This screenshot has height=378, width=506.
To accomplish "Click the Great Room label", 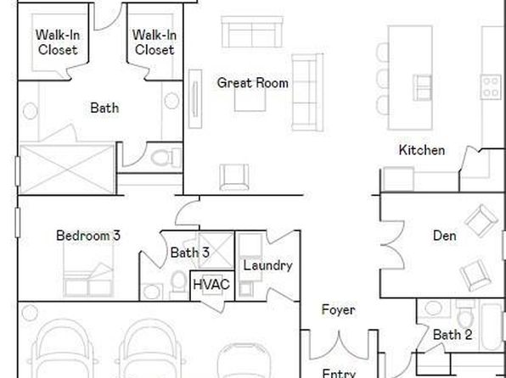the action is click(x=253, y=83).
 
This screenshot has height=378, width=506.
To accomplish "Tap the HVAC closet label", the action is click(x=211, y=285).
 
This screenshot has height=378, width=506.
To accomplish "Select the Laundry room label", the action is click(x=267, y=266).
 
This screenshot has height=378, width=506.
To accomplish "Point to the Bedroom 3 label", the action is click(x=88, y=236).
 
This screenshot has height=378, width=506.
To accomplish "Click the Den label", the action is click(x=445, y=236).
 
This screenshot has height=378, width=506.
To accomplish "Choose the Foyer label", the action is click(x=339, y=309).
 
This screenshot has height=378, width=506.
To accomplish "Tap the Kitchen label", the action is click(x=422, y=150).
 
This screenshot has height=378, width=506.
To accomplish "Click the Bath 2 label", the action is click(x=453, y=335).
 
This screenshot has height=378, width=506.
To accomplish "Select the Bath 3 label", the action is click(x=190, y=253).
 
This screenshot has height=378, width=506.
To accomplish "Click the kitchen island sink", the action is click(x=423, y=87).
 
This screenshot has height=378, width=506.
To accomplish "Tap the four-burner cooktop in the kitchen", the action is click(x=491, y=86).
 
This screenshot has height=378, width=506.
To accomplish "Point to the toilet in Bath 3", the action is click(x=179, y=284).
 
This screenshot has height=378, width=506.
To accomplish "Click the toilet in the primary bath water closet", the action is click(x=166, y=158).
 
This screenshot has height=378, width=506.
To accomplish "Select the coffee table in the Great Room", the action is click(x=250, y=99).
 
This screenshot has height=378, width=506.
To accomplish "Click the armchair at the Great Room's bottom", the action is click(x=234, y=177).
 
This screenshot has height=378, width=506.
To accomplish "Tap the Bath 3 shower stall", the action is click(x=216, y=250).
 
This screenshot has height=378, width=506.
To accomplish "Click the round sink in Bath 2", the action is click(x=433, y=308).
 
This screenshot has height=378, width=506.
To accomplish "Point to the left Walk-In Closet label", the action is click(x=58, y=42).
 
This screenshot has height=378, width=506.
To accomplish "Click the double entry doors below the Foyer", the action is click(x=339, y=346).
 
